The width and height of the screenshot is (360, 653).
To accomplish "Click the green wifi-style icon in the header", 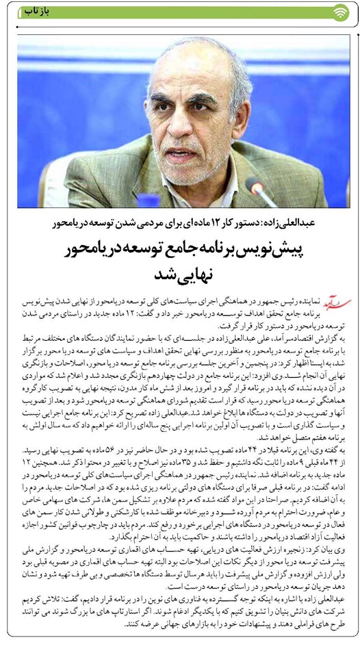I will point(340,12).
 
